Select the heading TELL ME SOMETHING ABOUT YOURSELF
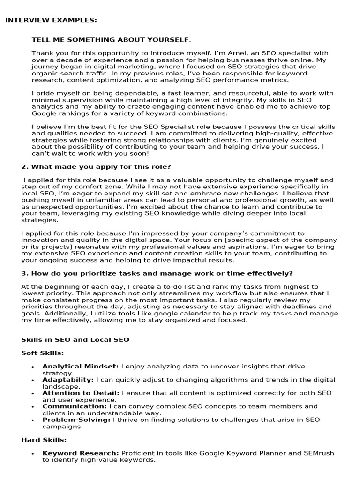(x=111, y=40)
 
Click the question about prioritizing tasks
(x=157, y=273)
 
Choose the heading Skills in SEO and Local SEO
(x=75, y=339)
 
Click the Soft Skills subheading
(x=43, y=352)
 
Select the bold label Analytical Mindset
(x=81, y=366)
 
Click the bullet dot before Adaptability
(x=32, y=380)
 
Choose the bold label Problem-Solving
(x=76, y=420)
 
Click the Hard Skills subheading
(x=44, y=440)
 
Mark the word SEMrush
(x=320, y=453)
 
